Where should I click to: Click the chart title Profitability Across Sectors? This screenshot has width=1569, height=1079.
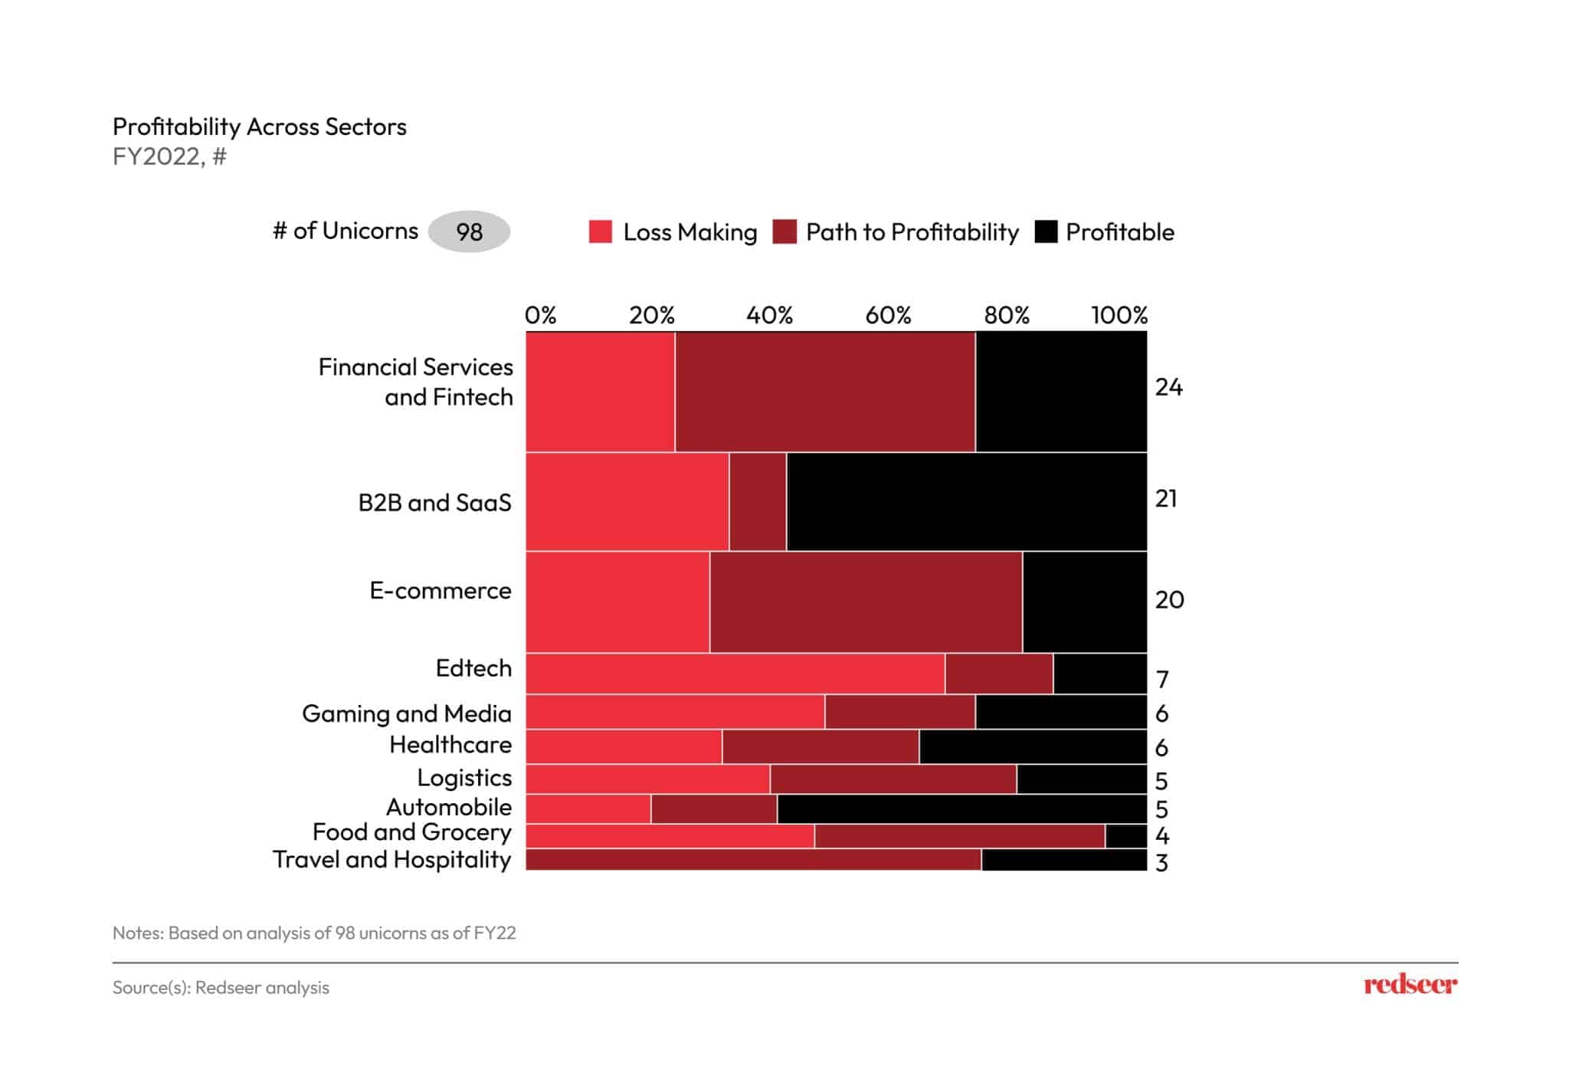259,126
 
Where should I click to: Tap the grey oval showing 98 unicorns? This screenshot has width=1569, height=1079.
469,231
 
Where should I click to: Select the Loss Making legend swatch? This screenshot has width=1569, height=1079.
601,231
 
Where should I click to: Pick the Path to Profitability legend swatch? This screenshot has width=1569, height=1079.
784,231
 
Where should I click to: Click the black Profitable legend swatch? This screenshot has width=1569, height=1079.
1046,231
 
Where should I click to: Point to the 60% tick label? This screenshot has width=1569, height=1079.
888,315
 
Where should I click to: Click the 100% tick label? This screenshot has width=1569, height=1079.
1119,315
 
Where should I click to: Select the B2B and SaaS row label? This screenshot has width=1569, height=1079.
434,503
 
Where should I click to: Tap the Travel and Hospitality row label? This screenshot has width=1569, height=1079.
391,860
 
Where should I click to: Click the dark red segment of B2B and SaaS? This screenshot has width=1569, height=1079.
758,502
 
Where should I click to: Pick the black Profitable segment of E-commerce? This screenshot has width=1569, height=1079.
1084,602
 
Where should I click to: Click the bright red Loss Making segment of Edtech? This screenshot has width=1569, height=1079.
735,674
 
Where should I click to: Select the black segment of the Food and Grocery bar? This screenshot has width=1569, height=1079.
1125,836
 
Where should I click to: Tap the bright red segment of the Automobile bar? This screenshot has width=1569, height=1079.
588,809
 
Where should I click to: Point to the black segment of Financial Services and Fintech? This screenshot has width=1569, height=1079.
1061,392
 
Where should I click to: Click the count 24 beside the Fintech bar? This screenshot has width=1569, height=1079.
1168,388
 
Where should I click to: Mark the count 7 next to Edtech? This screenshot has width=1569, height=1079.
1162,680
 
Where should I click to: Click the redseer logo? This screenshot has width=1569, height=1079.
1410,985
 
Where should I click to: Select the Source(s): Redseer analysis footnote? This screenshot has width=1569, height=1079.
221,988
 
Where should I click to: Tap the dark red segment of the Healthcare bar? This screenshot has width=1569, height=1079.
821,747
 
